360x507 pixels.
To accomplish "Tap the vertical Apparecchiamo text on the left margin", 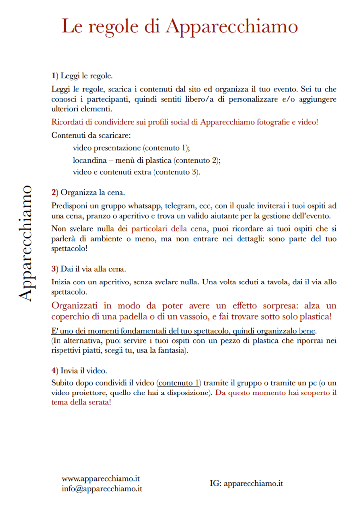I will pyautogui.click(x=26, y=243).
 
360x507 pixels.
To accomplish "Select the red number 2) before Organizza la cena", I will pyautogui.click(x=55, y=192).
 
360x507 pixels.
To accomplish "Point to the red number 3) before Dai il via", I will pyautogui.click(x=55, y=269).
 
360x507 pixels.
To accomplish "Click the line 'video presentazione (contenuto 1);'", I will pyautogui.click(x=131, y=148).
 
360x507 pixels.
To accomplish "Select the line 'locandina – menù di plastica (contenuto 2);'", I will pyautogui.click(x=146, y=160).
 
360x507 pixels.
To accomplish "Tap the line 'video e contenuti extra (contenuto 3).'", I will pyautogui.click(x=136, y=172).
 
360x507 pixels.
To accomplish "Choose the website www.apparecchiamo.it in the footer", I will pyautogui.click(x=101, y=479).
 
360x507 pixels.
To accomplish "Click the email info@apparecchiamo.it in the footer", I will pyautogui.click(x=102, y=488).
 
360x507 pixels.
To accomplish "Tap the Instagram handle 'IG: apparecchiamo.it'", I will pyautogui.click(x=246, y=483).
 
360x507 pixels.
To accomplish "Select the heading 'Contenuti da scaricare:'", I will pyautogui.click(x=90, y=135).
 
